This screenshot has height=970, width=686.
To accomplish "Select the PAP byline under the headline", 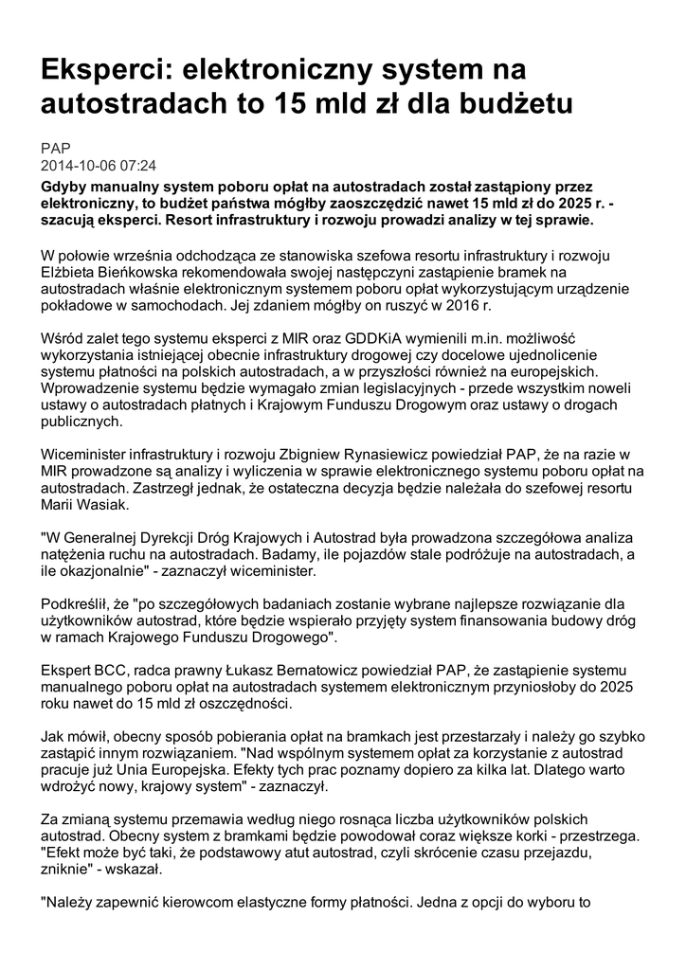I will [55, 149].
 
